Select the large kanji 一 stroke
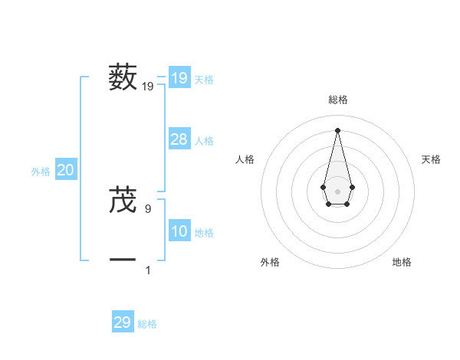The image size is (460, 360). click(x=123, y=260)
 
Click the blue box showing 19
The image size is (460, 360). click(x=179, y=78)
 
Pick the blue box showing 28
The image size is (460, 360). click(x=179, y=139)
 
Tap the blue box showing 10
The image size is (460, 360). click(x=179, y=231)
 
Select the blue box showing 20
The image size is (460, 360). click(x=65, y=171)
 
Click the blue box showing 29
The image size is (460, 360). click(x=123, y=322)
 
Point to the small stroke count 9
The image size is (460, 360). click(x=148, y=208)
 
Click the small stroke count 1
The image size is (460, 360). click(x=148, y=270)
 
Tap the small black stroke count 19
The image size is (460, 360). click(x=148, y=87)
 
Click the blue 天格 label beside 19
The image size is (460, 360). click(x=204, y=79)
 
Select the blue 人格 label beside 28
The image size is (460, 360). click(x=204, y=141)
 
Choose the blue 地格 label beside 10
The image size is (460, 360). click(x=204, y=233)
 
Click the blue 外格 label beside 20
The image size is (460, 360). click(x=41, y=172)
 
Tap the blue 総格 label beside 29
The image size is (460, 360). click(x=147, y=324)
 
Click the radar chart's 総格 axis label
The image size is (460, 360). click(x=337, y=100)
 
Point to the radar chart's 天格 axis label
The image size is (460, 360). click(x=431, y=159)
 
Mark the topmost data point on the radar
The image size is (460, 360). click(x=337, y=129)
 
